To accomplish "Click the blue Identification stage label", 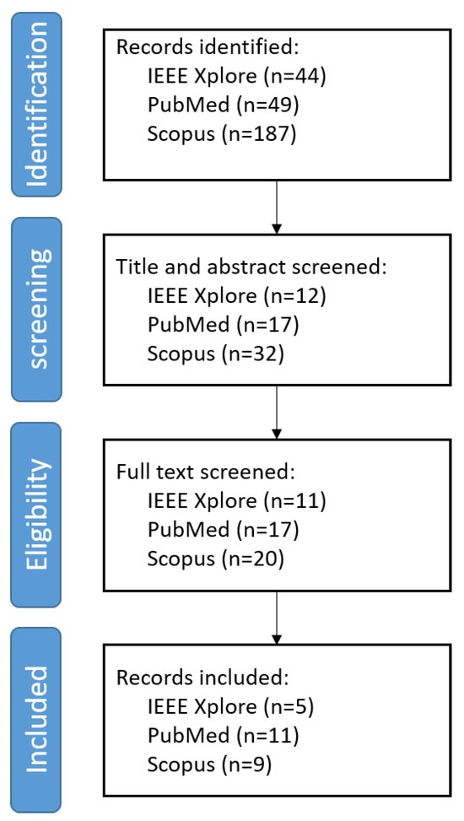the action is (x=36, y=104).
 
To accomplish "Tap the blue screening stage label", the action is (x=36, y=310).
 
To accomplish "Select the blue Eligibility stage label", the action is (x=36, y=515).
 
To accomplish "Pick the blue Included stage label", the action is (x=36, y=720).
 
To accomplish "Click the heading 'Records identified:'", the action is (x=207, y=47).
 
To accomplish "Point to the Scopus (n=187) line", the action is (x=222, y=134).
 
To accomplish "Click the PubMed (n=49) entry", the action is (x=223, y=105).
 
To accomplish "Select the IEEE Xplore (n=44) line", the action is (x=237, y=77).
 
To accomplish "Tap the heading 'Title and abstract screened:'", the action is (x=251, y=267).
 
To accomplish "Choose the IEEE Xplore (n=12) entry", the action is (x=237, y=296).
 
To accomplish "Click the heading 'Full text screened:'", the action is (x=206, y=473).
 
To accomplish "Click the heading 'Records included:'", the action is (x=202, y=678).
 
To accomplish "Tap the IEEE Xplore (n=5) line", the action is (x=230, y=707).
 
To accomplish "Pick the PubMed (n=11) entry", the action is (x=223, y=736).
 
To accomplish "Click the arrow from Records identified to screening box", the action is (x=277, y=208).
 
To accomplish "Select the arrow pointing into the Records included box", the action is (x=277, y=618).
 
